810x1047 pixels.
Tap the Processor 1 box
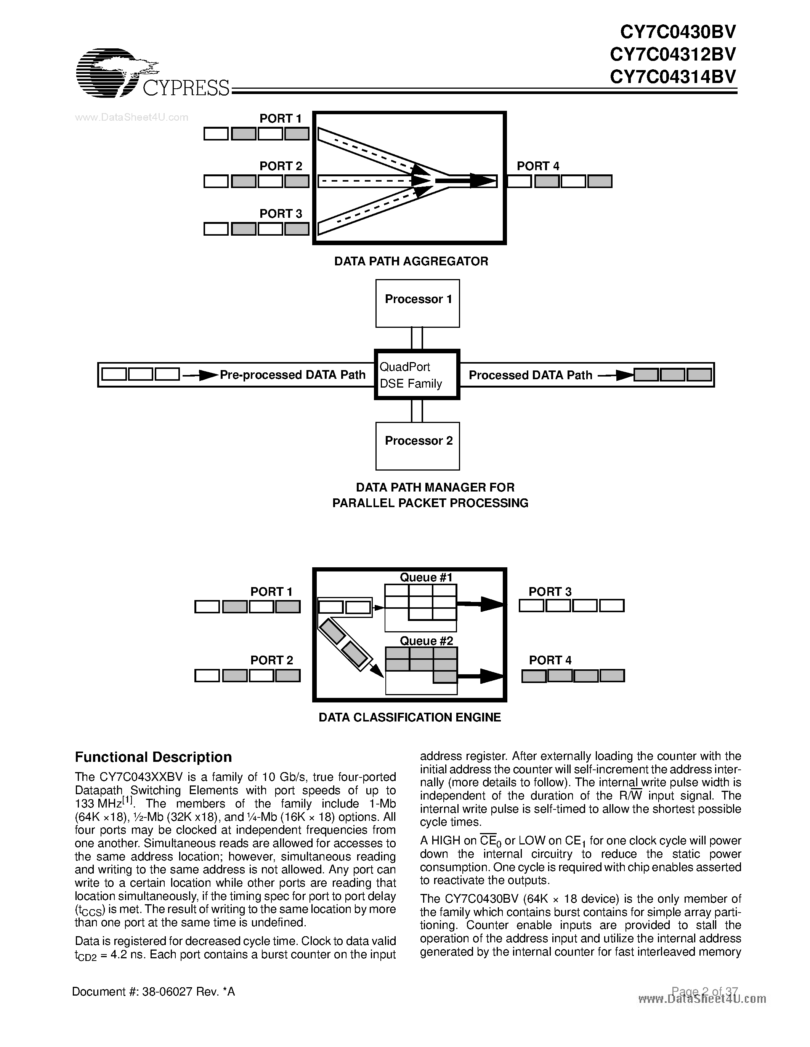(417, 303)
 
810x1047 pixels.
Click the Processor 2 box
(417, 445)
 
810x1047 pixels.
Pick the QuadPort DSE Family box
(417, 374)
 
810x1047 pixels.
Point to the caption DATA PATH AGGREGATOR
(411, 261)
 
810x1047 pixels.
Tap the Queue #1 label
(426, 577)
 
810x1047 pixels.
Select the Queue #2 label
(426, 640)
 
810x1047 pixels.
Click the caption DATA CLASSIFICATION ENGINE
(409, 717)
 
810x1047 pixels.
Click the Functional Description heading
(153, 757)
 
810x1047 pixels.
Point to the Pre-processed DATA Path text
(292, 375)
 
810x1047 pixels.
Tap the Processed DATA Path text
(530, 375)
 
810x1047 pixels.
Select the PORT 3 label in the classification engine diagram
(550, 592)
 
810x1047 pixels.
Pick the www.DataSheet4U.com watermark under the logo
(132, 117)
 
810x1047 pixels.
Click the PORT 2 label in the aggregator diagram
(281, 166)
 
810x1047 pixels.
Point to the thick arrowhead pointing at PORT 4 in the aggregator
(482, 181)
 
